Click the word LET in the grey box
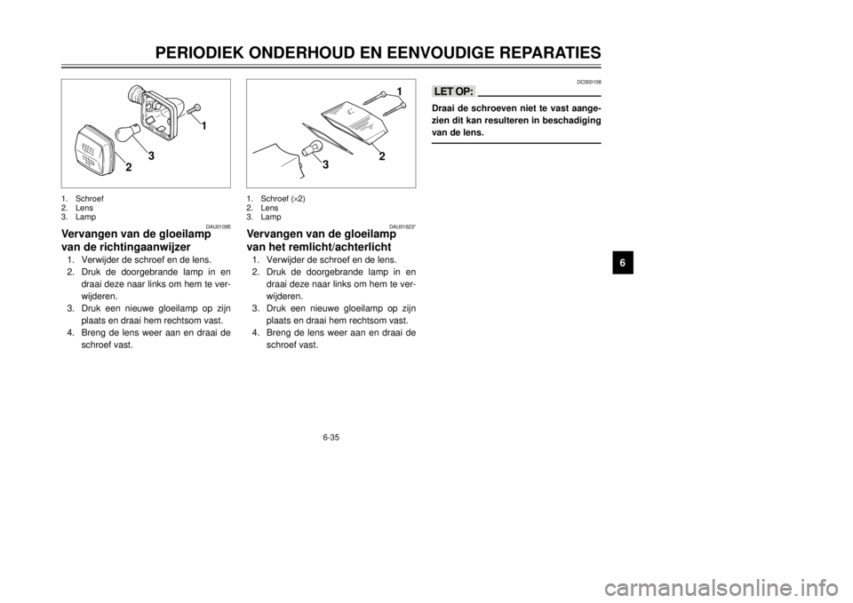pyautogui.click(x=443, y=91)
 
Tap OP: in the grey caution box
pyautogui.click(x=465, y=91)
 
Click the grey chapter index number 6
pyautogui.click(x=622, y=263)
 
